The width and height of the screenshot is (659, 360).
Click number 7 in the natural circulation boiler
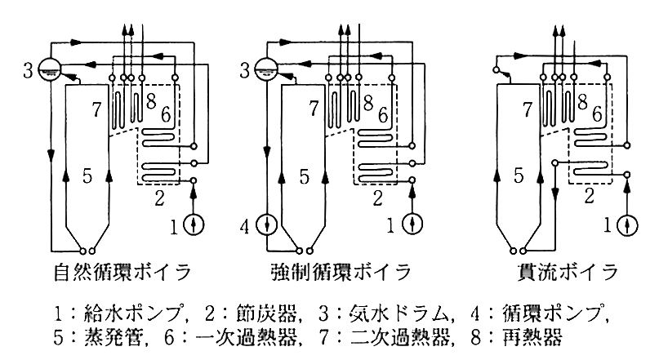point(96,109)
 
